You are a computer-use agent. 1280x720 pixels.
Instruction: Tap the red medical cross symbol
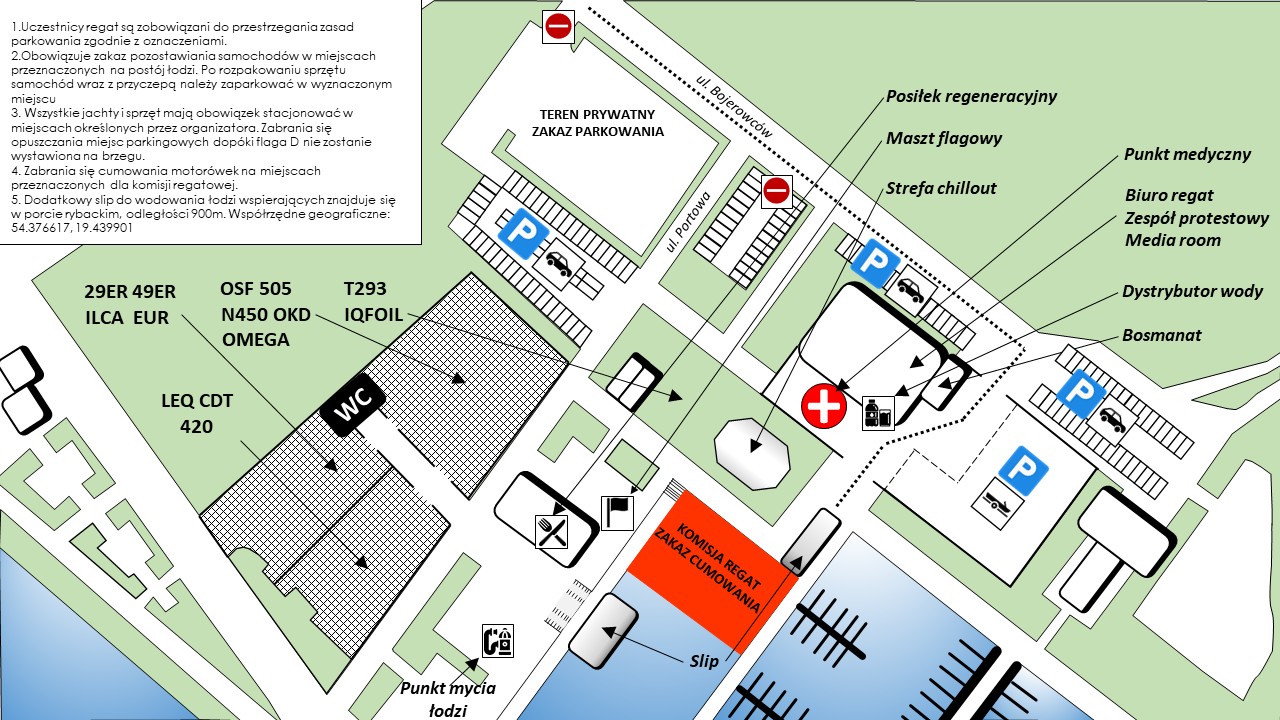click(824, 406)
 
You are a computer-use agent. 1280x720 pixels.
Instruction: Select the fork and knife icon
click(551, 531)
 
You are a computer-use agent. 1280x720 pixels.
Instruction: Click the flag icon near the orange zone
click(617, 513)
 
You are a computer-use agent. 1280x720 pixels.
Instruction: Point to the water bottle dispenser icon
click(878, 413)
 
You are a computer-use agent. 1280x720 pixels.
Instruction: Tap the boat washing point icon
click(498, 641)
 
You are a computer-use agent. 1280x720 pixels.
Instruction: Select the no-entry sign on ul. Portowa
click(777, 191)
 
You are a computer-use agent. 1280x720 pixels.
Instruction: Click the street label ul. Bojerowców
click(734, 107)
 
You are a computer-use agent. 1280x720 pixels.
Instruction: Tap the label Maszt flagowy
click(944, 138)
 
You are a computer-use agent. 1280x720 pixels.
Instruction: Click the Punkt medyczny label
click(1187, 154)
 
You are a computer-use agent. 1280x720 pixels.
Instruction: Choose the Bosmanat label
click(1161, 335)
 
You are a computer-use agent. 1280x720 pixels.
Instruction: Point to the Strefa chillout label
click(941, 188)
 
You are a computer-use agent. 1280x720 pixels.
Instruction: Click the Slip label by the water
click(704, 661)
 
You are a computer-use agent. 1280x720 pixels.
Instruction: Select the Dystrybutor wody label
click(1192, 291)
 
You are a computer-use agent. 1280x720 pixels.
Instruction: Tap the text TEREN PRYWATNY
click(597, 114)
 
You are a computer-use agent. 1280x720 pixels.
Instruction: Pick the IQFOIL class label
click(374, 314)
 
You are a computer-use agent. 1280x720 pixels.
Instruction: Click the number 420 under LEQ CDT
click(197, 426)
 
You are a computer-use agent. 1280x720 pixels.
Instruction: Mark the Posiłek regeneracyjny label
click(971, 96)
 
